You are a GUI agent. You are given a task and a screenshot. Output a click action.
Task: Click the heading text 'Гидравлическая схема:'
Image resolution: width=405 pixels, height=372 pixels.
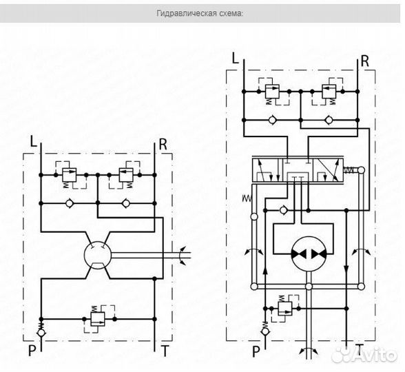point(200,13)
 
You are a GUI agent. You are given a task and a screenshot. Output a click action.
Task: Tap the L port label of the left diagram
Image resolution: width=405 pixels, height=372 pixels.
point(34,141)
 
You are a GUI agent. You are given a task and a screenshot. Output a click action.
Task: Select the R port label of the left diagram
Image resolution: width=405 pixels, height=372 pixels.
point(163,145)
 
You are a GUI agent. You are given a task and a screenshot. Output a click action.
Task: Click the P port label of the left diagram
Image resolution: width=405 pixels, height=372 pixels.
point(32,351)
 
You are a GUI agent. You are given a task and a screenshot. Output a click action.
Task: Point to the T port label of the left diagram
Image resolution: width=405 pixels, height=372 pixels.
point(165,351)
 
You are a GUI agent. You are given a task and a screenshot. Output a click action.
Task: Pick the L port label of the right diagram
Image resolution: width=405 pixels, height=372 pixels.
point(235,58)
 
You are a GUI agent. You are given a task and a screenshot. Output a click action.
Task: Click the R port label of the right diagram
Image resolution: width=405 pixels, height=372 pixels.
point(365,61)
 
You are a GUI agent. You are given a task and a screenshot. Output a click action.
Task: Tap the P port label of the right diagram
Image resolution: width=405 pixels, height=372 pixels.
point(256,351)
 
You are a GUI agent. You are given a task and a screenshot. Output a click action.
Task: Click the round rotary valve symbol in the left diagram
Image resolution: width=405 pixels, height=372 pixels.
point(98,255)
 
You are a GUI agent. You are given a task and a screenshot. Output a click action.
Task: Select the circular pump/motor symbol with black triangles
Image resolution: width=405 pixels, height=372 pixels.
point(309,254)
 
